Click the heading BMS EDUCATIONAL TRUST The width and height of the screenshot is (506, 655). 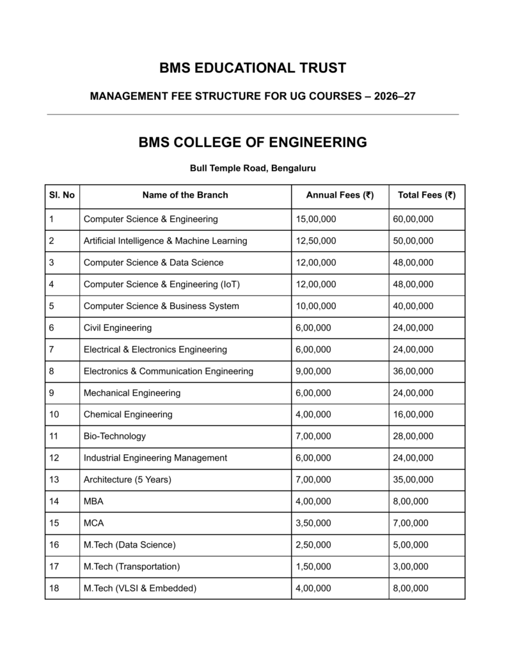tap(253, 68)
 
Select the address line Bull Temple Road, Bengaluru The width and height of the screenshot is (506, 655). tap(253, 168)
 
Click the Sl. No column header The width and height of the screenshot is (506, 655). tap(62, 195)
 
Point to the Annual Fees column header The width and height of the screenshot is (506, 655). tap(340, 195)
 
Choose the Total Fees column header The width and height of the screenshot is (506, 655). tap(427, 195)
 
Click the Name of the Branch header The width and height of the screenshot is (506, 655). tap(185, 195)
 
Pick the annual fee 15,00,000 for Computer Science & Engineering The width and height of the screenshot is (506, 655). tap(316, 219)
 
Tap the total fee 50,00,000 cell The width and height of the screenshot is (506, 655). tap(413, 241)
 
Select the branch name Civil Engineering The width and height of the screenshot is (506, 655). tap(118, 327)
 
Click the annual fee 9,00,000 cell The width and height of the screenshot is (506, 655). tap(313, 371)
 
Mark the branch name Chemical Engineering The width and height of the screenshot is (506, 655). tap(128, 414)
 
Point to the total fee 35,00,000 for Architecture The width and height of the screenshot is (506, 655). tap(413, 480)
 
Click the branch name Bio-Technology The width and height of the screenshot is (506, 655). tap(115, 436)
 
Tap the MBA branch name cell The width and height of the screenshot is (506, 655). tap(93, 501)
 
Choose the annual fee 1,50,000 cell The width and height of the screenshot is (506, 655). tap(313, 567)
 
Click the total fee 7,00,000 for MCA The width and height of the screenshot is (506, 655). tap(411, 523)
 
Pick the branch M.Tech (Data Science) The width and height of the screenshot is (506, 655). tap(129, 545)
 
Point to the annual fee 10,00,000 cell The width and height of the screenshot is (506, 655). tap(316, 306)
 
